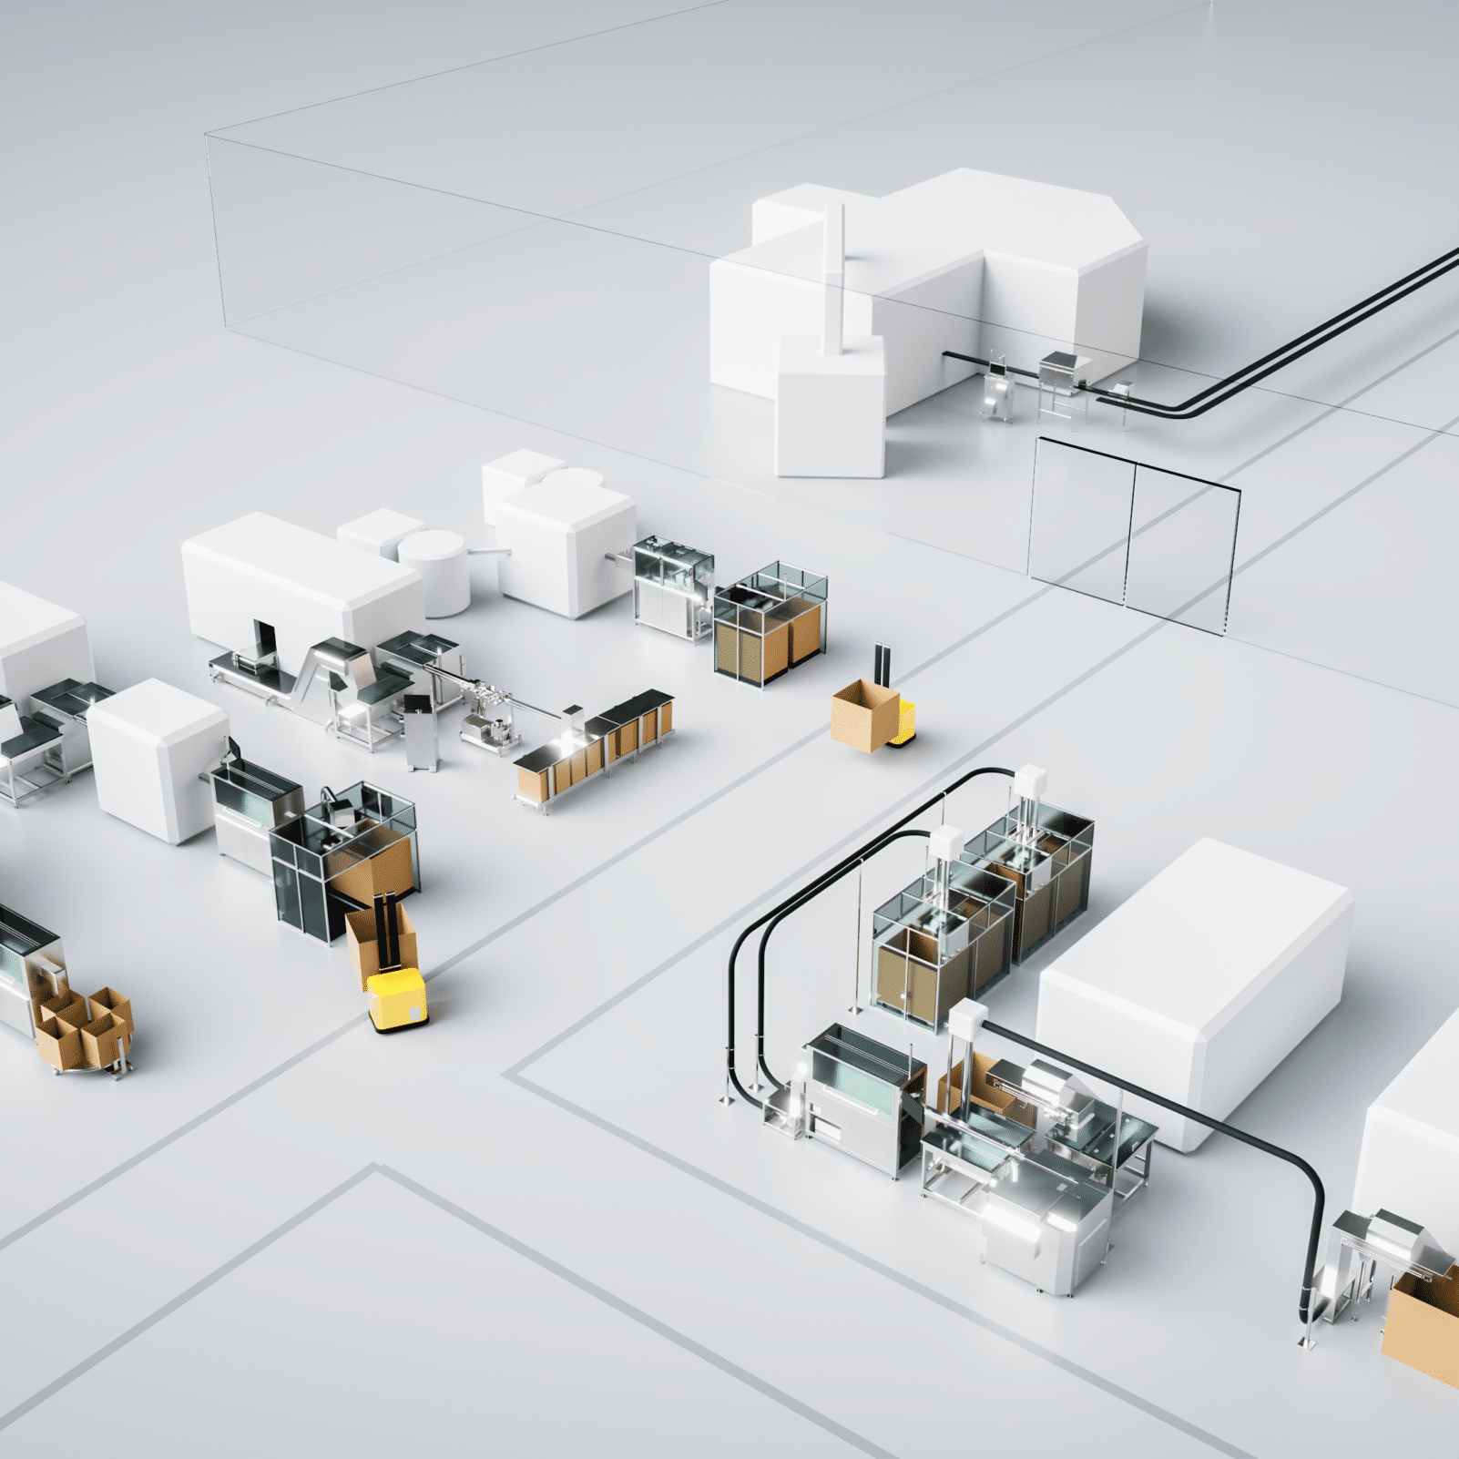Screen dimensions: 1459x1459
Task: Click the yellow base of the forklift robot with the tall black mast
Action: click(x=396, y=999)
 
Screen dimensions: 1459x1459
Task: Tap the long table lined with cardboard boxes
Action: click(x=597, y=747)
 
